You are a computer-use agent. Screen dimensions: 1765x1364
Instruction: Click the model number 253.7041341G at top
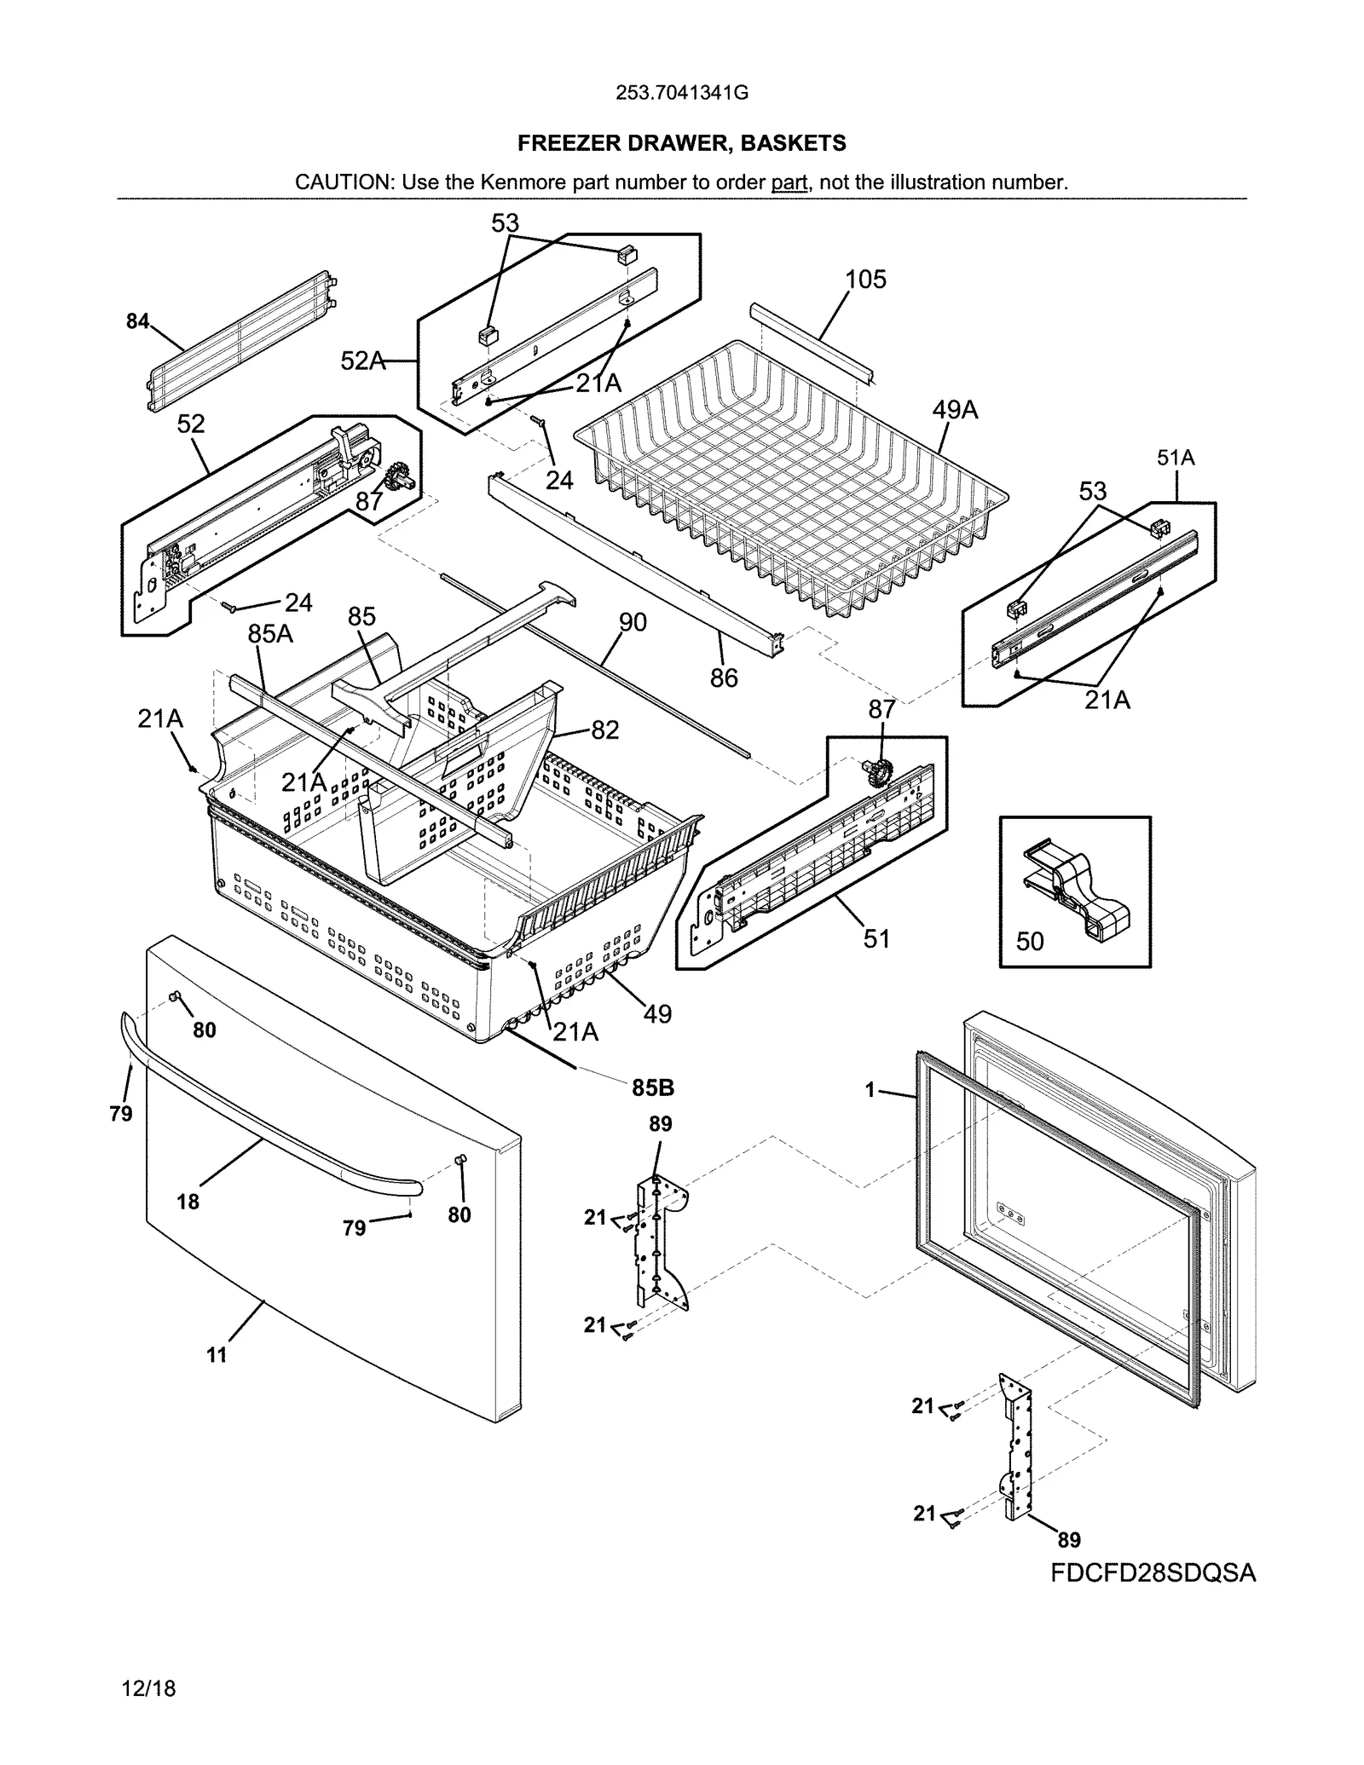pyautogui.click(x=681, y=93)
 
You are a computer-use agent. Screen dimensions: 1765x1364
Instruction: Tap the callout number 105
pyautogui.click(x=865, y=280)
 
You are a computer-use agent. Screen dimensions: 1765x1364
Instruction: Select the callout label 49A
pyautogui.click(x=954, y=410)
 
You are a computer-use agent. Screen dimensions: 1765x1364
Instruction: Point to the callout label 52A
pyautogui.click(x=362, y=360)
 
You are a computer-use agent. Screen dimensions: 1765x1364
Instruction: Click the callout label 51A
pyautogui.click(x=1176, y=458)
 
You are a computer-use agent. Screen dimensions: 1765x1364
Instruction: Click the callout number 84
pyautogui.click(x=137, y=321)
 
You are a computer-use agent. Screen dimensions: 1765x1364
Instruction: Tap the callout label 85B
pyautogui.click(x=653, y=1087)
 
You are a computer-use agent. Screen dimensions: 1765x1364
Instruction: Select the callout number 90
pyautogui.click(x=633, y=622)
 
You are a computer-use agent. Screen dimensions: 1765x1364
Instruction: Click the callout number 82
pyautogui.click(x=604, y=730)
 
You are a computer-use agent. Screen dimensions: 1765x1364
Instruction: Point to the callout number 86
pyautogui.click(x=724, y=678)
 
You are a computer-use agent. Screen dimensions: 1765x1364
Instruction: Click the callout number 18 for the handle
pyautogui.click(x=188, y=1202)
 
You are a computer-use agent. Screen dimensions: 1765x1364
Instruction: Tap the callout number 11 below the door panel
pyautogui.click(x=217, y=1355)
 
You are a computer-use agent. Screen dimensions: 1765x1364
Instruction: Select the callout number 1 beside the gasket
pyautogui.click(x=870, y=1089)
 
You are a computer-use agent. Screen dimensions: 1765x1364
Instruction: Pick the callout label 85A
pyautogui.click(x=269, y=634)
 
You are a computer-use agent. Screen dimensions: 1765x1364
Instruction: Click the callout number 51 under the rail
pyautogui.click(x=876, y=938)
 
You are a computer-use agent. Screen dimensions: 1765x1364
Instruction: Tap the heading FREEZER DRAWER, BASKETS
pyautogui.click(x=681, y=143)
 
